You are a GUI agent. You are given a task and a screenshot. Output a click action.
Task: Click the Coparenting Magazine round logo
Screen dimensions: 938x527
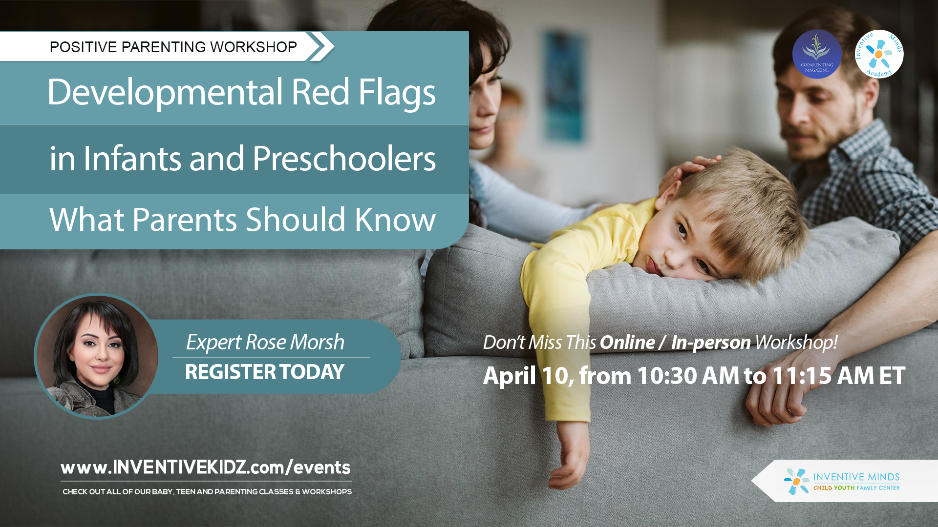click(816, 54)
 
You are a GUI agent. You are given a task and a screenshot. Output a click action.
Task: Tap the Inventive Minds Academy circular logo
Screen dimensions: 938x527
click(879, 54)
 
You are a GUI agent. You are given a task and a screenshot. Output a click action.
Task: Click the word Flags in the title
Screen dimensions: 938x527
click(397, 93)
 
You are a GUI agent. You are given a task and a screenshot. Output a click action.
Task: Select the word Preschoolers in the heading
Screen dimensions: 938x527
click(344, 159)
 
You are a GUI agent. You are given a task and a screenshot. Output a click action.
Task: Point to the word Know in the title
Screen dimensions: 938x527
click(395, 219)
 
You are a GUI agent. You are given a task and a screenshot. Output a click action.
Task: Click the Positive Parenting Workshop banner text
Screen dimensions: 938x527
click(173, 47)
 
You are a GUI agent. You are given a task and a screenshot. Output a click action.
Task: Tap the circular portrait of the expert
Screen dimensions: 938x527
click(97, 356)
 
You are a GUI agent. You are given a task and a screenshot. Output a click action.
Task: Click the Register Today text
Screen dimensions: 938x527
click(265, 372)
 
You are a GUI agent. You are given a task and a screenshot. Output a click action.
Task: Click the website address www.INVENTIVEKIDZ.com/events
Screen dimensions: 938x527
click(206, 467)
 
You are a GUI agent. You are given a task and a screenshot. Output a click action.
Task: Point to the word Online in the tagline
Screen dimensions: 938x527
click(627, 342)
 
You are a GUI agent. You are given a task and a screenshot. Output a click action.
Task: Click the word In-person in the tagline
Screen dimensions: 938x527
click(711, 343)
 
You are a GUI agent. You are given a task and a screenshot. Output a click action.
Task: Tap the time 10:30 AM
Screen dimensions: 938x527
click(688, 376)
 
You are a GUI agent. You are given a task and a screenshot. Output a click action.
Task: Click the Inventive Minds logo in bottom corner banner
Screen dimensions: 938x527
click(842, 481)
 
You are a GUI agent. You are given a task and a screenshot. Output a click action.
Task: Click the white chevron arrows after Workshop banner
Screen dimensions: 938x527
click(320, 46)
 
